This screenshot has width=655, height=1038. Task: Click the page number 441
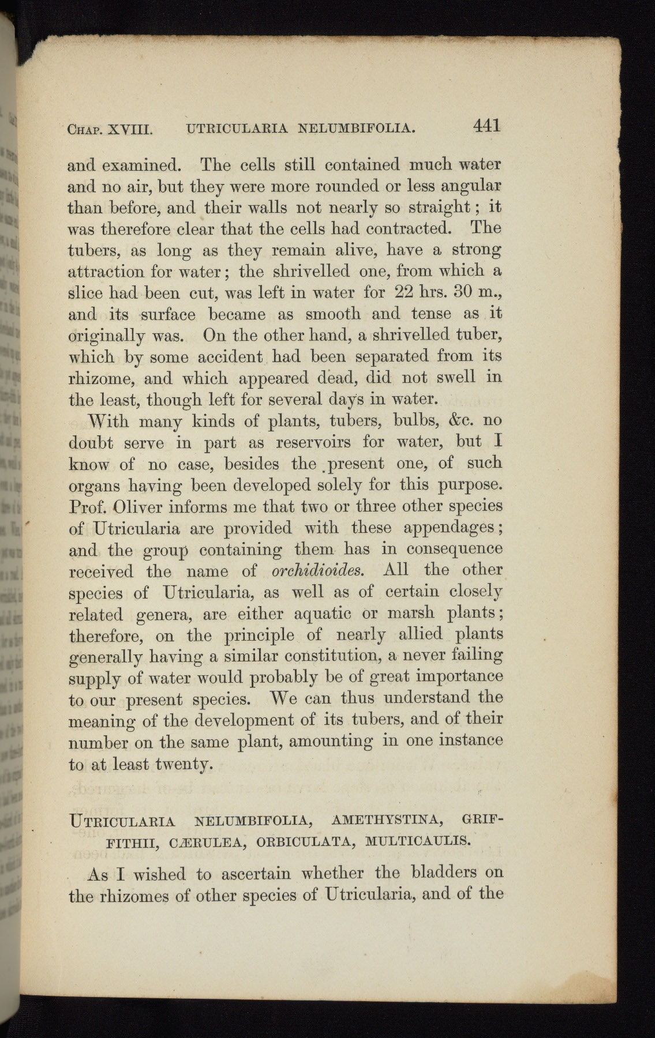click(x=486, y=126)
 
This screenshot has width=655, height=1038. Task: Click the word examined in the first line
click(x=142, y=166)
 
